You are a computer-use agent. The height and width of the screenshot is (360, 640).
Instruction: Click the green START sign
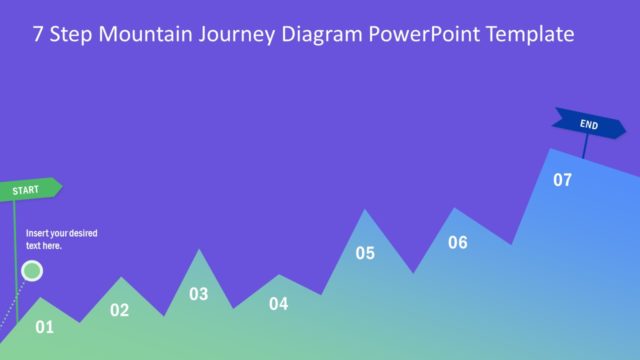coord(31,188)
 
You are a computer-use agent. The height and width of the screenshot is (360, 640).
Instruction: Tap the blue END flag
coord(590,125)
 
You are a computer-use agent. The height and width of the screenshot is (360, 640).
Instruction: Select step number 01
coord(44,326)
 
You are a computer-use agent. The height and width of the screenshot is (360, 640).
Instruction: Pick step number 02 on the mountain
coord(119,310)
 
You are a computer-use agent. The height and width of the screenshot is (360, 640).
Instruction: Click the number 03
coord(199,294)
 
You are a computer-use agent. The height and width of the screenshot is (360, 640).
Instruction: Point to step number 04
coord(278,304)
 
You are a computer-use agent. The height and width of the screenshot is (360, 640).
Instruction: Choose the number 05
coord(365,253)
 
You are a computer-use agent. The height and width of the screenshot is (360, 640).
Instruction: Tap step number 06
coord(457,242)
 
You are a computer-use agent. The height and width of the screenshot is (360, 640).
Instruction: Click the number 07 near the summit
coord(563,180)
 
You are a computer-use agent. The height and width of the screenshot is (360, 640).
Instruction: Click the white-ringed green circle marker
coord(32,270)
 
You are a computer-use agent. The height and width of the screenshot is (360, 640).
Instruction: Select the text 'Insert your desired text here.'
coord(61,239)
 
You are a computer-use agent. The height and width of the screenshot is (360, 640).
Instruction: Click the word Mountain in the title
coord(146,35)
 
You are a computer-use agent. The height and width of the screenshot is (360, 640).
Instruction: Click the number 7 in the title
coord(38,35)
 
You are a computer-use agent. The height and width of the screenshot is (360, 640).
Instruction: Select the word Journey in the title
coord(238,35)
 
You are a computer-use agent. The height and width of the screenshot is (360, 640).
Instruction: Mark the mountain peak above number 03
coord(199,251)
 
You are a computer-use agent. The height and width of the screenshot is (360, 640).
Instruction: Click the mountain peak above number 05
coord(365,210)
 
